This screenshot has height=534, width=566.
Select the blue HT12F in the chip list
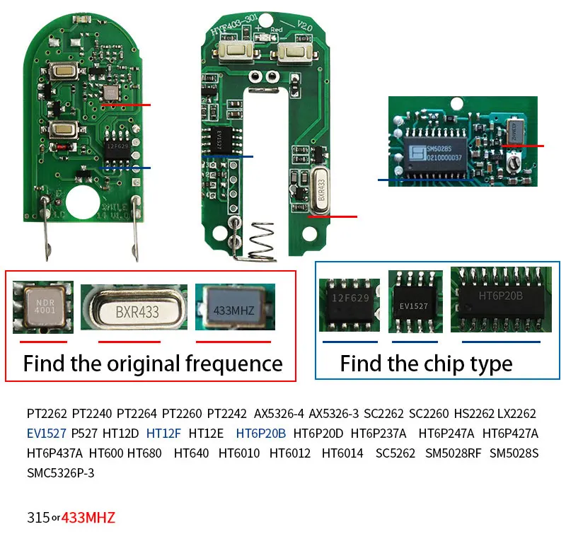click(x=163, y=433)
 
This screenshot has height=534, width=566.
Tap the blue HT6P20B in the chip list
click(x=260, y=433)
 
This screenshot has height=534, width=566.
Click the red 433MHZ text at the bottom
click(x=88, y=517)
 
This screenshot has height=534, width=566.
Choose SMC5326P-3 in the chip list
click(x=60, y=472)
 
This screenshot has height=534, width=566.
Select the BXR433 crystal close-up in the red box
click(x=134, y=309)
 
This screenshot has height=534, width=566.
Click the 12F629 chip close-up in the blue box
click(x=349, y=305)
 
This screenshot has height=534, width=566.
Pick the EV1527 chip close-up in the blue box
click(x=415, y=303)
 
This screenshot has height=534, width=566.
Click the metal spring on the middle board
click(x=262, y=240)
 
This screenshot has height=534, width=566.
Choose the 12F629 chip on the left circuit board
click(x=117, y=146)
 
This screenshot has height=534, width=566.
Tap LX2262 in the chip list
click(x=516, y=413)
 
